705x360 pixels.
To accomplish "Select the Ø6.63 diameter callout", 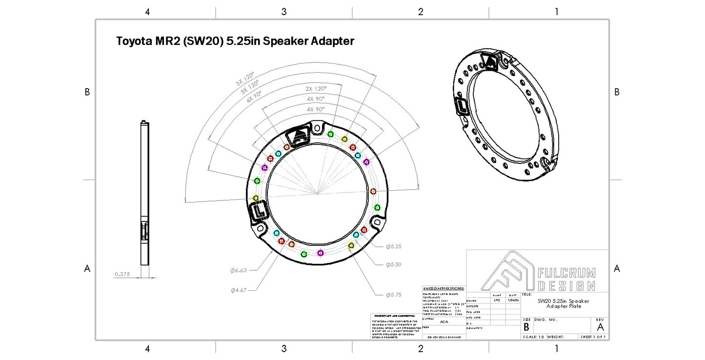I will (239, 270).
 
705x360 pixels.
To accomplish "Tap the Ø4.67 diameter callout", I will (239, 290).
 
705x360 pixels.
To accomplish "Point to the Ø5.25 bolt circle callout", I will (393, 247).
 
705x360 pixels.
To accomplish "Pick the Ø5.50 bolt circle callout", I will (393, 264).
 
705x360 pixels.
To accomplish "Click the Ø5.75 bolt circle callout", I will (393, 294).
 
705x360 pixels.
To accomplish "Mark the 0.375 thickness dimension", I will (122, 274).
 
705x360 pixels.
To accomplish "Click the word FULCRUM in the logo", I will (566, 273).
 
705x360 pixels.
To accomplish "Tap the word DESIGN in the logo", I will (566, 286).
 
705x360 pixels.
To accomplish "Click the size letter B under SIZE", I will (526, 327).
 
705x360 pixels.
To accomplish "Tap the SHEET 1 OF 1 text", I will (593, 337).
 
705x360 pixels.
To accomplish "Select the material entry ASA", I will (443, 322).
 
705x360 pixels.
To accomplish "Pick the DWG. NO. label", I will (545, 320).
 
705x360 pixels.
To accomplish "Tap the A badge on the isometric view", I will (489, 61).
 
